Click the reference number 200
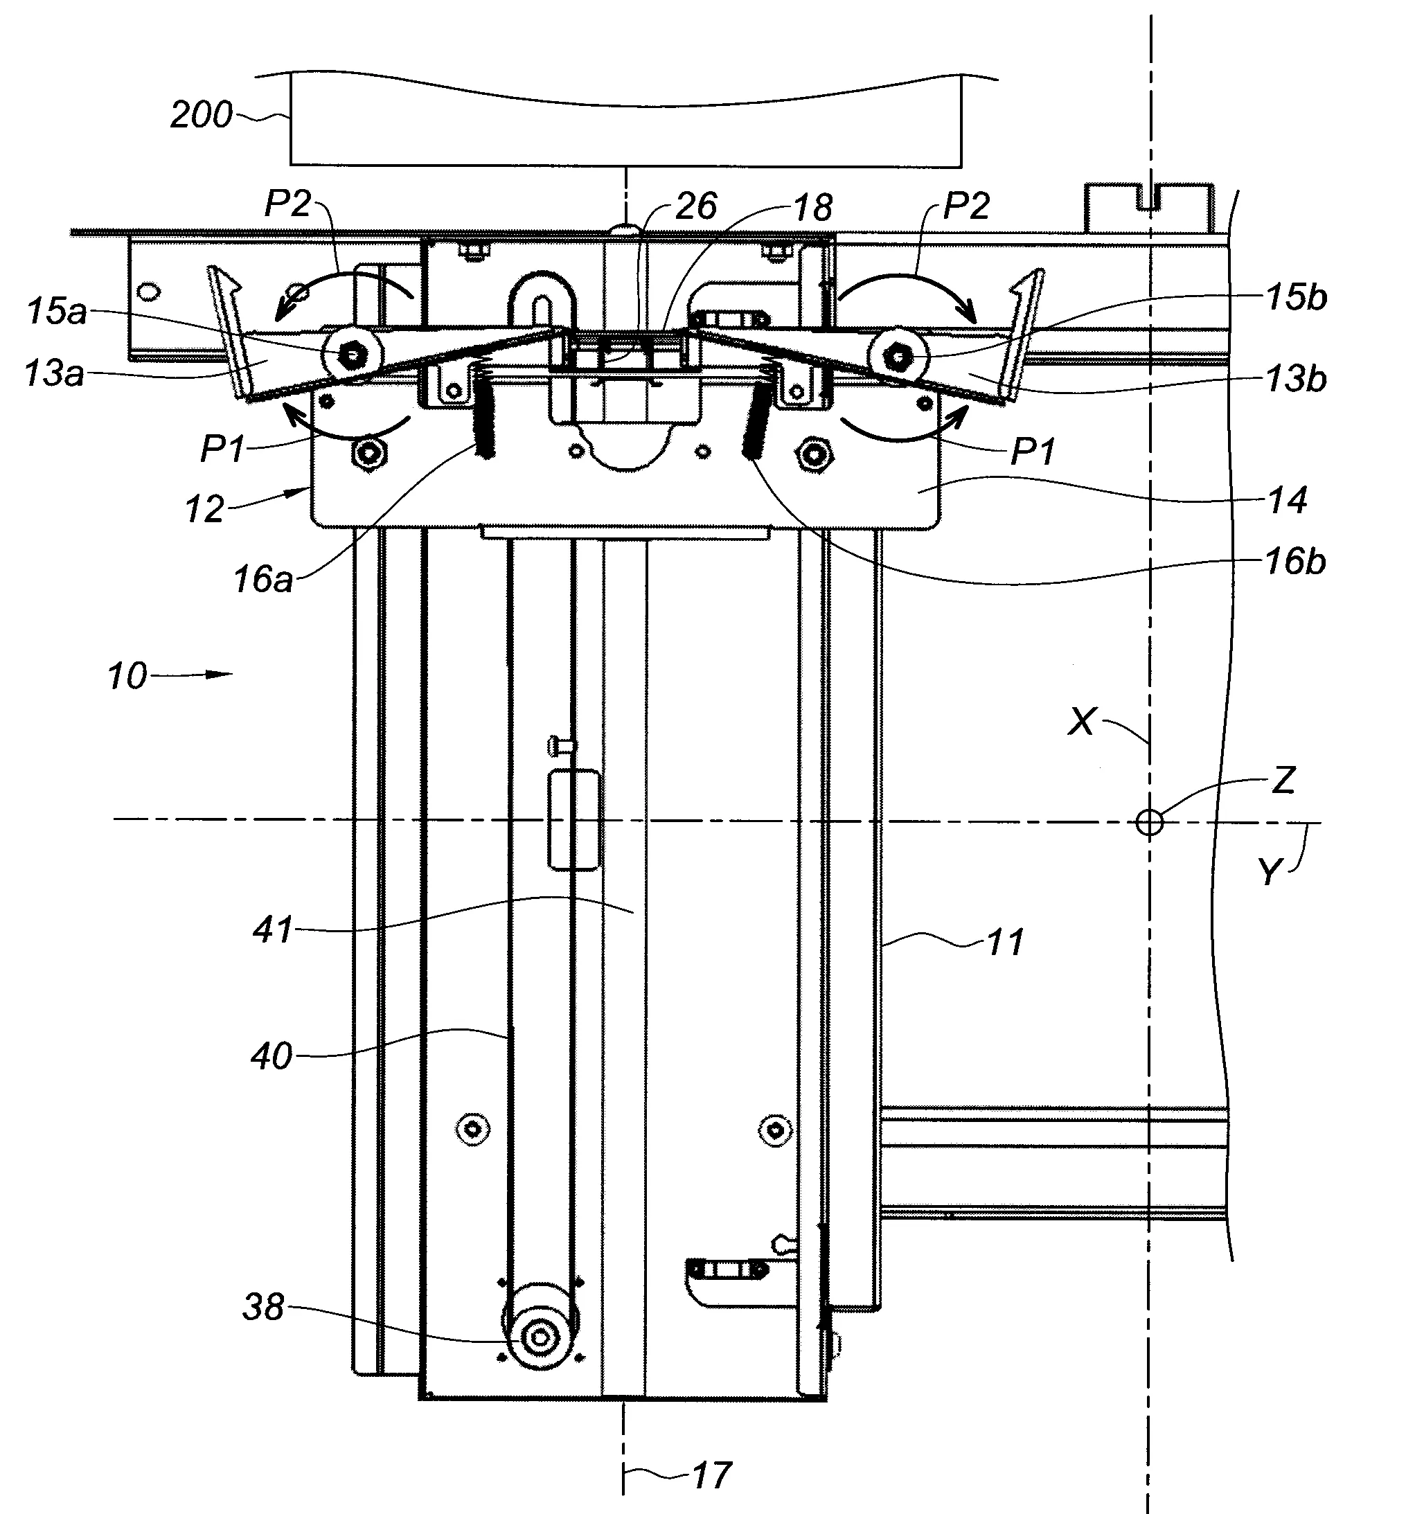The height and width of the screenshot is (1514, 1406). [201, 115]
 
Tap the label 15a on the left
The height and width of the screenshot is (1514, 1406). [57, 312]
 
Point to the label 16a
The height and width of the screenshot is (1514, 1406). [263, 580]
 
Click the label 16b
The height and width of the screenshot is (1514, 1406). [1296, 562]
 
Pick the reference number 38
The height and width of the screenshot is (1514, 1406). [263, 1307]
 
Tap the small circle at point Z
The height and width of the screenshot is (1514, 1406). [1150, 821]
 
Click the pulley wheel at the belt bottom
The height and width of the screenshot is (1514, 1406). [540, 1337]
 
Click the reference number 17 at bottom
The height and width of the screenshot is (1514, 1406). [711, 1474]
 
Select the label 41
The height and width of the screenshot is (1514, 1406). [272, 929]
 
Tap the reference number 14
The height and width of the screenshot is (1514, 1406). [1288, 500]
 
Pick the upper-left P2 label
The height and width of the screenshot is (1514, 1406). [288, 204]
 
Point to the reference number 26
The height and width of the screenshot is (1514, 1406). [696, 206]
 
